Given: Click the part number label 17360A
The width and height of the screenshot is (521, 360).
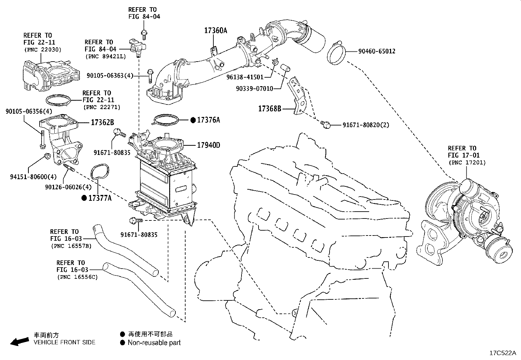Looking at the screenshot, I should coord(215,31).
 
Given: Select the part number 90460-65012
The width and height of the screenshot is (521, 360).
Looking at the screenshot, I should coord(376,51).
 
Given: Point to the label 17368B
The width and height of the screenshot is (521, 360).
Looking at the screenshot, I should coord(270,108).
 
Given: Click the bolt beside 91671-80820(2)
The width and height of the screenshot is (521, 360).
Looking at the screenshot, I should coord(325,124).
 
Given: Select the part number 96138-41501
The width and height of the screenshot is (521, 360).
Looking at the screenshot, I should coord(245,77).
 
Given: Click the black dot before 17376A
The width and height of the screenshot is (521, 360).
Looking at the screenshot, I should coord(193,120).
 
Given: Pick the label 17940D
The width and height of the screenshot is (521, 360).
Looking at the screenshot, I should coord(208,145).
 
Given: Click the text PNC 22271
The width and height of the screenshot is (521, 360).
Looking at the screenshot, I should coord(101,107).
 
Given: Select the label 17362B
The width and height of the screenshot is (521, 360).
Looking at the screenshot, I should coord(102,123).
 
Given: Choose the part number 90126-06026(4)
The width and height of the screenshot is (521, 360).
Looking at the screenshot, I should coord(68,187).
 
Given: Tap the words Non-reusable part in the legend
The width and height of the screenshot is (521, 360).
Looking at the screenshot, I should coord(154,343).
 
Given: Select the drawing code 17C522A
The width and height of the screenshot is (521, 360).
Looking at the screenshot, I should coord(502,353).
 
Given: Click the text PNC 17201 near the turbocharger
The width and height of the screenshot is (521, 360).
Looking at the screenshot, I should coord(467,162).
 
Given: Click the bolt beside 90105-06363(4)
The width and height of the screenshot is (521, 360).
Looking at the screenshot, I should coord(150,76).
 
